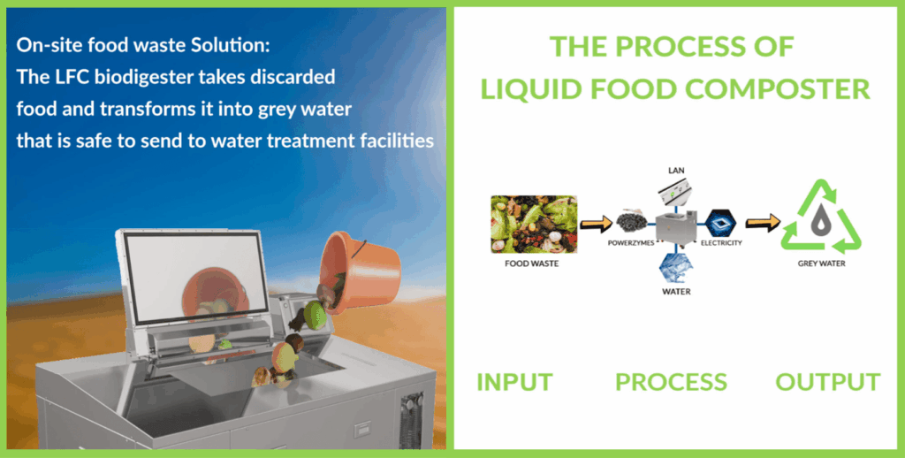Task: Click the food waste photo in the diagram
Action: point(534,224)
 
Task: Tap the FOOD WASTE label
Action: point(531,263)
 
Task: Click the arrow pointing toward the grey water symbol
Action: point(763,223)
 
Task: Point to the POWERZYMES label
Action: point(631,243)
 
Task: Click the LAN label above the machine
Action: point(676,171)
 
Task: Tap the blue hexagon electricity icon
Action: point(721,224)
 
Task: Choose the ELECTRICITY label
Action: point(721,243)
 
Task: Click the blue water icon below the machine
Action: point(676,267)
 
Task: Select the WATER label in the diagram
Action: point(676,292)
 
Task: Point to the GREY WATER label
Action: point(821,263)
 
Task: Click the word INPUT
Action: point(515,382)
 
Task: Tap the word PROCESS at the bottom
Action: point(672,382)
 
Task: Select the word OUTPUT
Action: point(827,382)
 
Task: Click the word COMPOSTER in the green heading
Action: point(778,89)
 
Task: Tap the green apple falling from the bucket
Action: point(316,316)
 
